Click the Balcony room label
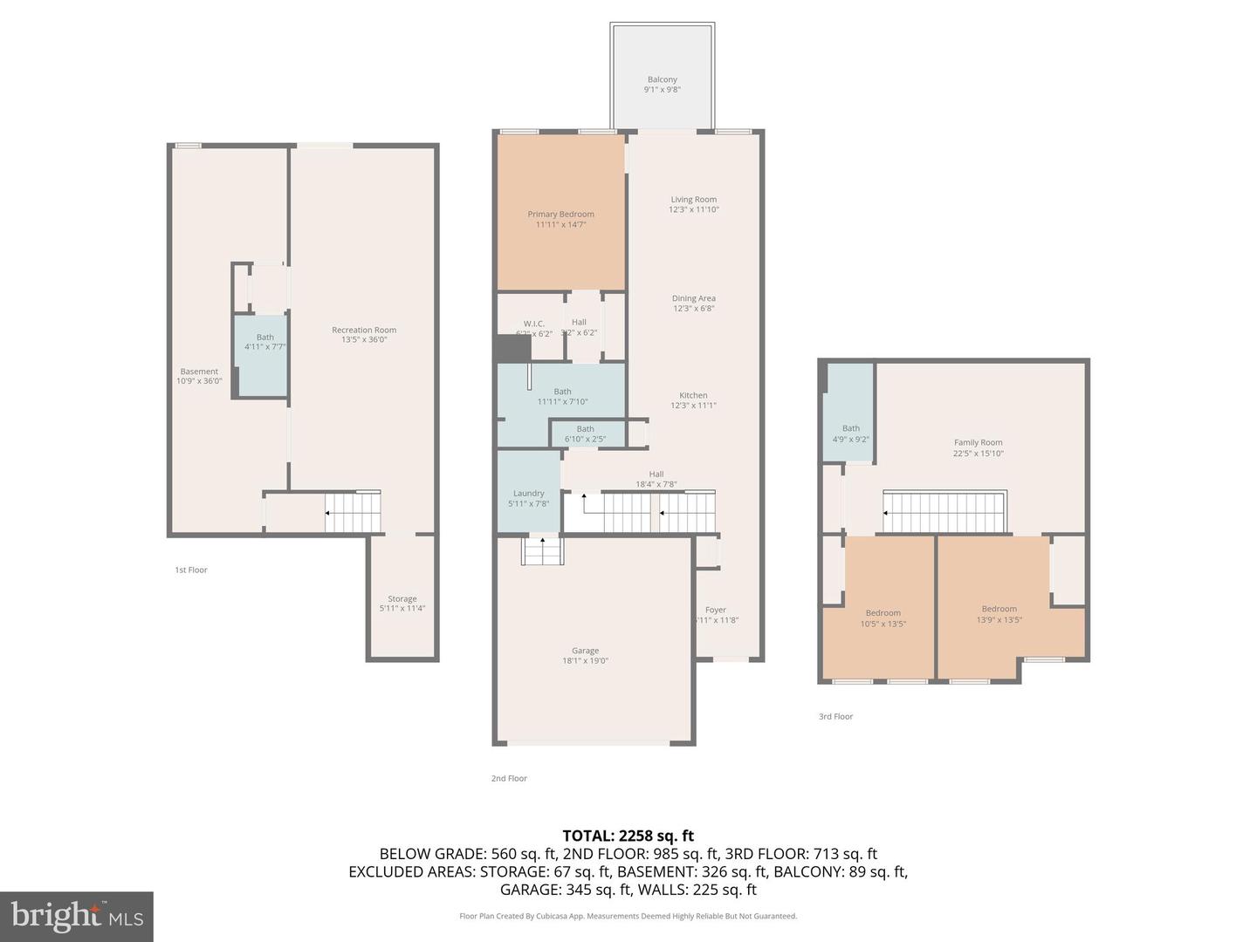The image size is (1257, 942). pyautogui.click(x=662, y=80)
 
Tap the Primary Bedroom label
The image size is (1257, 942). pyautogui.click(x=560, y=215)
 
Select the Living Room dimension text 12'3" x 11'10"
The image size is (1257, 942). pyautogui.click(x=694, y=209)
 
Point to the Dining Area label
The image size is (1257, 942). pyautogui.click(x=694, y=298)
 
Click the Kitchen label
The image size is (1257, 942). pyautogui.click(x=694, y=395)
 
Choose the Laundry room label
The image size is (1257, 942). pyautogui.click(x=528, y=494)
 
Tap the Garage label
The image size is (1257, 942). pyautogui.click(x=585, y=651)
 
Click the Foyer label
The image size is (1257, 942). pyautogui.click(x=716, y=611)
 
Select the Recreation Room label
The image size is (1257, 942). pyautogui.click(x=364, y=330)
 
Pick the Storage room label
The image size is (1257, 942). pyautogui.click(x=402, y=599)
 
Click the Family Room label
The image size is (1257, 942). pyautogui.click(x=978, y=443)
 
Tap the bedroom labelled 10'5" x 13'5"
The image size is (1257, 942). pyautogui.click(x=883, y=618)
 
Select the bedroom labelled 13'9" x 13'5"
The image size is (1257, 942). pyautogui.click(x=999, y=614)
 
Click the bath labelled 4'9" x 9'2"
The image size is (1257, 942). pyautogui.click(x=850, y=433)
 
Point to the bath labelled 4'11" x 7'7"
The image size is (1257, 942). pyautogui.click(x=264, y=342)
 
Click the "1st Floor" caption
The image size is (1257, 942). pyautogui.click(x=191, y=570)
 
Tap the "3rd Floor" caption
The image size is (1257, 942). pyautogui.click(x=835, y=717)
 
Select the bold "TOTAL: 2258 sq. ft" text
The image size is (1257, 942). pyautogui.click(x=628, y=836)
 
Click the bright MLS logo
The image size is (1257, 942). pyautogui.click(x=77, y=916)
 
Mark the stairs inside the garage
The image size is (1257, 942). pyautogui.click(x=543, y=551)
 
